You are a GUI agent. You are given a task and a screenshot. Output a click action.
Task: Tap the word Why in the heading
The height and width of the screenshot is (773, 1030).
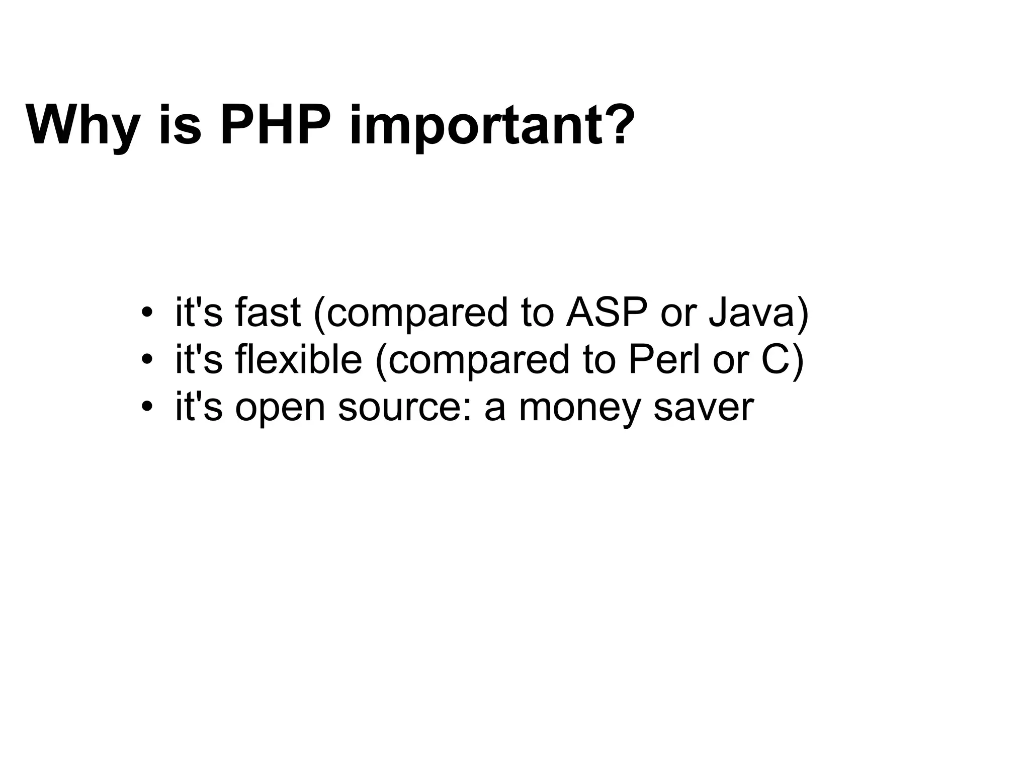(83, 126)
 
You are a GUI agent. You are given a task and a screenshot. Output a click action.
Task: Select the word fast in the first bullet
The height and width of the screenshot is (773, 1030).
(268, 312)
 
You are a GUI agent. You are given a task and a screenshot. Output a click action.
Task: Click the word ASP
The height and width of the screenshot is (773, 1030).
(607, 312)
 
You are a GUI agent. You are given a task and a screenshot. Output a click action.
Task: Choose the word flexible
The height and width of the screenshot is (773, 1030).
(298, 359)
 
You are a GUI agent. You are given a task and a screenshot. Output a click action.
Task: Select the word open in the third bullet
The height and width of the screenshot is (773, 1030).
(280, 409)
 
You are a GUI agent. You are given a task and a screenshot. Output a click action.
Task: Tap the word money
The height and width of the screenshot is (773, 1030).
(579, 409)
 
